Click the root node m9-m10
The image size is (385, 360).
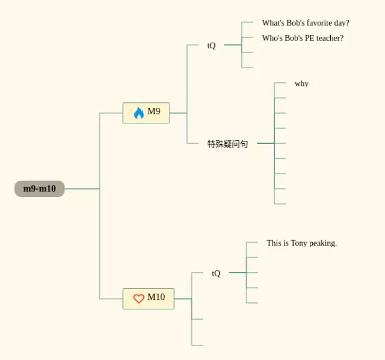[x=40, y=189]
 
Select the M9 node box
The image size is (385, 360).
[x=146, y=113]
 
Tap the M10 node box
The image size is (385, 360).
[x=149, y=298]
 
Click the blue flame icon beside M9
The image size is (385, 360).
[x=138, y=113]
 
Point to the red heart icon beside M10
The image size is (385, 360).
[x=138, y=298]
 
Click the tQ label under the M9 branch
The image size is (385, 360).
[x=211, y=46]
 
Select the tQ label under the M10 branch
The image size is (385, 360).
[x=216, y=273]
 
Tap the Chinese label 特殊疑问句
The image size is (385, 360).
[x=227, y=144]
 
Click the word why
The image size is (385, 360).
[x=301, y=84]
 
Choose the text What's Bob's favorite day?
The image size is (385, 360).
[x=306, y=23]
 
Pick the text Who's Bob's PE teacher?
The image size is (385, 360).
[x=303, y=38]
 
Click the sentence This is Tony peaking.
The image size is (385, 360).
[x=301, y=243]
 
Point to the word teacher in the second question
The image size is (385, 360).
[x=330, y=38]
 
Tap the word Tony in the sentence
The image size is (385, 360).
[x=299, y=243]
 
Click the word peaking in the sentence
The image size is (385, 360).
[x=323, y=243]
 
